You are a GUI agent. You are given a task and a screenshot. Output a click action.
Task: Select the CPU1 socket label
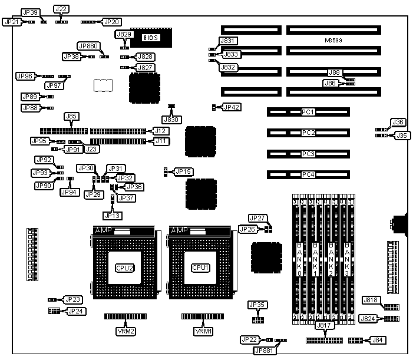199,267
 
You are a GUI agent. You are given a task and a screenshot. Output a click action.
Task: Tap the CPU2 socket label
125,267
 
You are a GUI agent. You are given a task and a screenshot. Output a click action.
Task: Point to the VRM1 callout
203,331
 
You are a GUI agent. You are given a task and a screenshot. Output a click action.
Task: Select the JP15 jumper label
184,171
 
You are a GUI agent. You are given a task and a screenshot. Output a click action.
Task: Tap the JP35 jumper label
258,305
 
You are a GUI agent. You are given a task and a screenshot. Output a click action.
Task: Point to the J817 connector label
325,325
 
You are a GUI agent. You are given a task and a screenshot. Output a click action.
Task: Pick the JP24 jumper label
75,311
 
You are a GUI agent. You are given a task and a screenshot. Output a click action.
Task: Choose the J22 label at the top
61,9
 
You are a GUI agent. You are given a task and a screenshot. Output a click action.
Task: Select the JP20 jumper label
111,22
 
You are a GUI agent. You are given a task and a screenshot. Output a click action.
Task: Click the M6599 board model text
334,41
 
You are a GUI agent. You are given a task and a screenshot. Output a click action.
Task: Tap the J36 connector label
399,122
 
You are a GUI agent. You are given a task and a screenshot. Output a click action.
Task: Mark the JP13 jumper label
112,216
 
